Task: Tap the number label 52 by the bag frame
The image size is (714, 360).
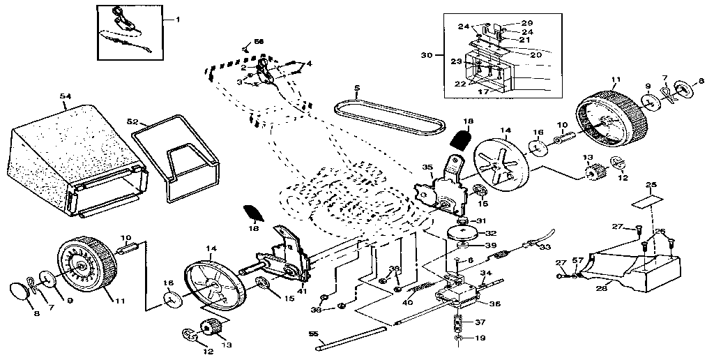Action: [133, 120]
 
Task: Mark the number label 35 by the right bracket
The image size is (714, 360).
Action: [428, 167]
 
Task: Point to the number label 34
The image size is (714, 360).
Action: [486, 273]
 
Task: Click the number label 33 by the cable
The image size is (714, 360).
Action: [545, 247]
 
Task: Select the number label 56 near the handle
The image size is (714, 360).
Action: [259, 43]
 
